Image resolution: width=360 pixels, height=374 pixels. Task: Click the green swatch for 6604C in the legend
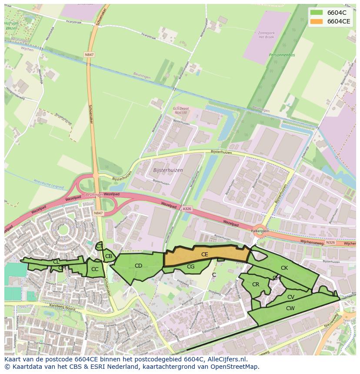317,13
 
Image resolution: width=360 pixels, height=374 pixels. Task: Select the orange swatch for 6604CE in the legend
317,21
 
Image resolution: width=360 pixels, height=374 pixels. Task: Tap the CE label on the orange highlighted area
204,255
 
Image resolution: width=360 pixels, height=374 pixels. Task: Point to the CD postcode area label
138,266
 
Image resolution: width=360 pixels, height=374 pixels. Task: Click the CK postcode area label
284,268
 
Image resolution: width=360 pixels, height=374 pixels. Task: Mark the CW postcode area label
290,308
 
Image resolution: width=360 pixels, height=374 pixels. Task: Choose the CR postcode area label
256,285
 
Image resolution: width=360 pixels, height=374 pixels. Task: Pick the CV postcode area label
291,297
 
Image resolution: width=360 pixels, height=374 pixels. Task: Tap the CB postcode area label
109,256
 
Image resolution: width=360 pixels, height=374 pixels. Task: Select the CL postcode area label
56,262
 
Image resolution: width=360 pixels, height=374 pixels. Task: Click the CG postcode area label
190,267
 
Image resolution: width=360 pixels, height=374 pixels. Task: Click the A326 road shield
187,209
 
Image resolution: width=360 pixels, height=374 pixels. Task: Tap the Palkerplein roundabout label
260,232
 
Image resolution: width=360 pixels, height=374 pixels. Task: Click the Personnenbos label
282,56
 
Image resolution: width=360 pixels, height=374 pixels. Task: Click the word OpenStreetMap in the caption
235,367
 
